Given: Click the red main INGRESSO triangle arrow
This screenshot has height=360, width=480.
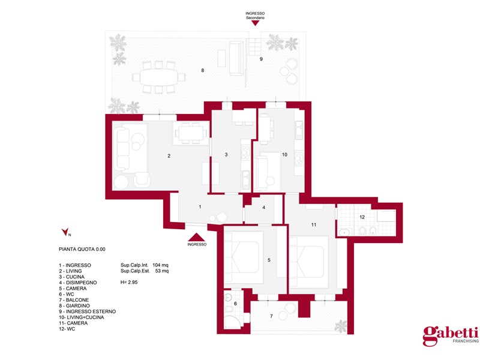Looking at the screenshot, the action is pos(196,237).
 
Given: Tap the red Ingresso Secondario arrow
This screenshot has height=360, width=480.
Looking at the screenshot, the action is pos(255,23).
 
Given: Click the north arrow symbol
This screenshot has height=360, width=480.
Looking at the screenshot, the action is pos(65,232).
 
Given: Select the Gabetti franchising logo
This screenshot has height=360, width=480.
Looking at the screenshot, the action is pos(451,335).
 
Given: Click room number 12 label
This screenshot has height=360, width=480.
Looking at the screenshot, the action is pos(362,217).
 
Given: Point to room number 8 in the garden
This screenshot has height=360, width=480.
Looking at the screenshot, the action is pos(203,70).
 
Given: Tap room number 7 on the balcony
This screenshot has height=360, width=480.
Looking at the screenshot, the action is pos(271,316).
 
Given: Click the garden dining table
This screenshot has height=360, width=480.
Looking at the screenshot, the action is pos(158,77).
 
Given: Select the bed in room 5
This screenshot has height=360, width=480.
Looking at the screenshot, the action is pos(244,257).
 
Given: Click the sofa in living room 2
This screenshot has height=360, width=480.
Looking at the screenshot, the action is pos(122,149).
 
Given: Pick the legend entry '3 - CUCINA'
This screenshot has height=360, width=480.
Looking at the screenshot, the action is pos(71,277).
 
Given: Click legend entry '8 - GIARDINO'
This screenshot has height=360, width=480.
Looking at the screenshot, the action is pos(74,305).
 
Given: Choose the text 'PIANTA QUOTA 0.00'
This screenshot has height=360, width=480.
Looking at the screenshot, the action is pos(82,249).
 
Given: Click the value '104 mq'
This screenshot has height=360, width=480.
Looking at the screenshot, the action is pos(160,265).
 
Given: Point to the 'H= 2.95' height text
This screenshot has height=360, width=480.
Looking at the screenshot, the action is pos(129,282).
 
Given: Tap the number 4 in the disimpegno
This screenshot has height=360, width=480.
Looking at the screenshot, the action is pos(264,208).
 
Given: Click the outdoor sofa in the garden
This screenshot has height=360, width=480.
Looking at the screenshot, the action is pos(236,58).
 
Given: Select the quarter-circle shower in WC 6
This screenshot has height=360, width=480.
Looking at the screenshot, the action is pos(231,322).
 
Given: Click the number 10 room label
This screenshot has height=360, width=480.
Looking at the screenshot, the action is pos(284,155).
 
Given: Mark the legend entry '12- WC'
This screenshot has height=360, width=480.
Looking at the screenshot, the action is pos(67,329).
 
